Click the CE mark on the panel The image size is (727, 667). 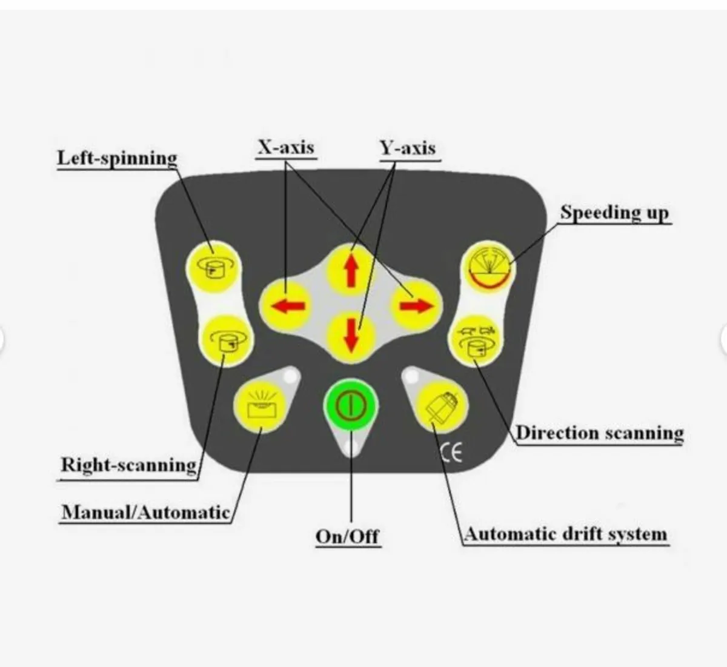pos(451,453)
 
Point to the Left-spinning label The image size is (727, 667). pos(117,158)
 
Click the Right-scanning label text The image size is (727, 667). pos(128,465)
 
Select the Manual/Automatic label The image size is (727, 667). pos(145,513)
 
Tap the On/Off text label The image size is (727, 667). pos(348,536)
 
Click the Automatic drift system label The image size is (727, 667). pos(566,534)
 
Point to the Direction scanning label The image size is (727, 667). pos(599,433)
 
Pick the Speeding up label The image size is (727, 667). pos(614,213)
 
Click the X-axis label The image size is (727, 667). pos(287,147)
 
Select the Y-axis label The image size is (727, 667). pos(408,147)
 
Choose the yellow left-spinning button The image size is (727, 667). pos(214,267)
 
